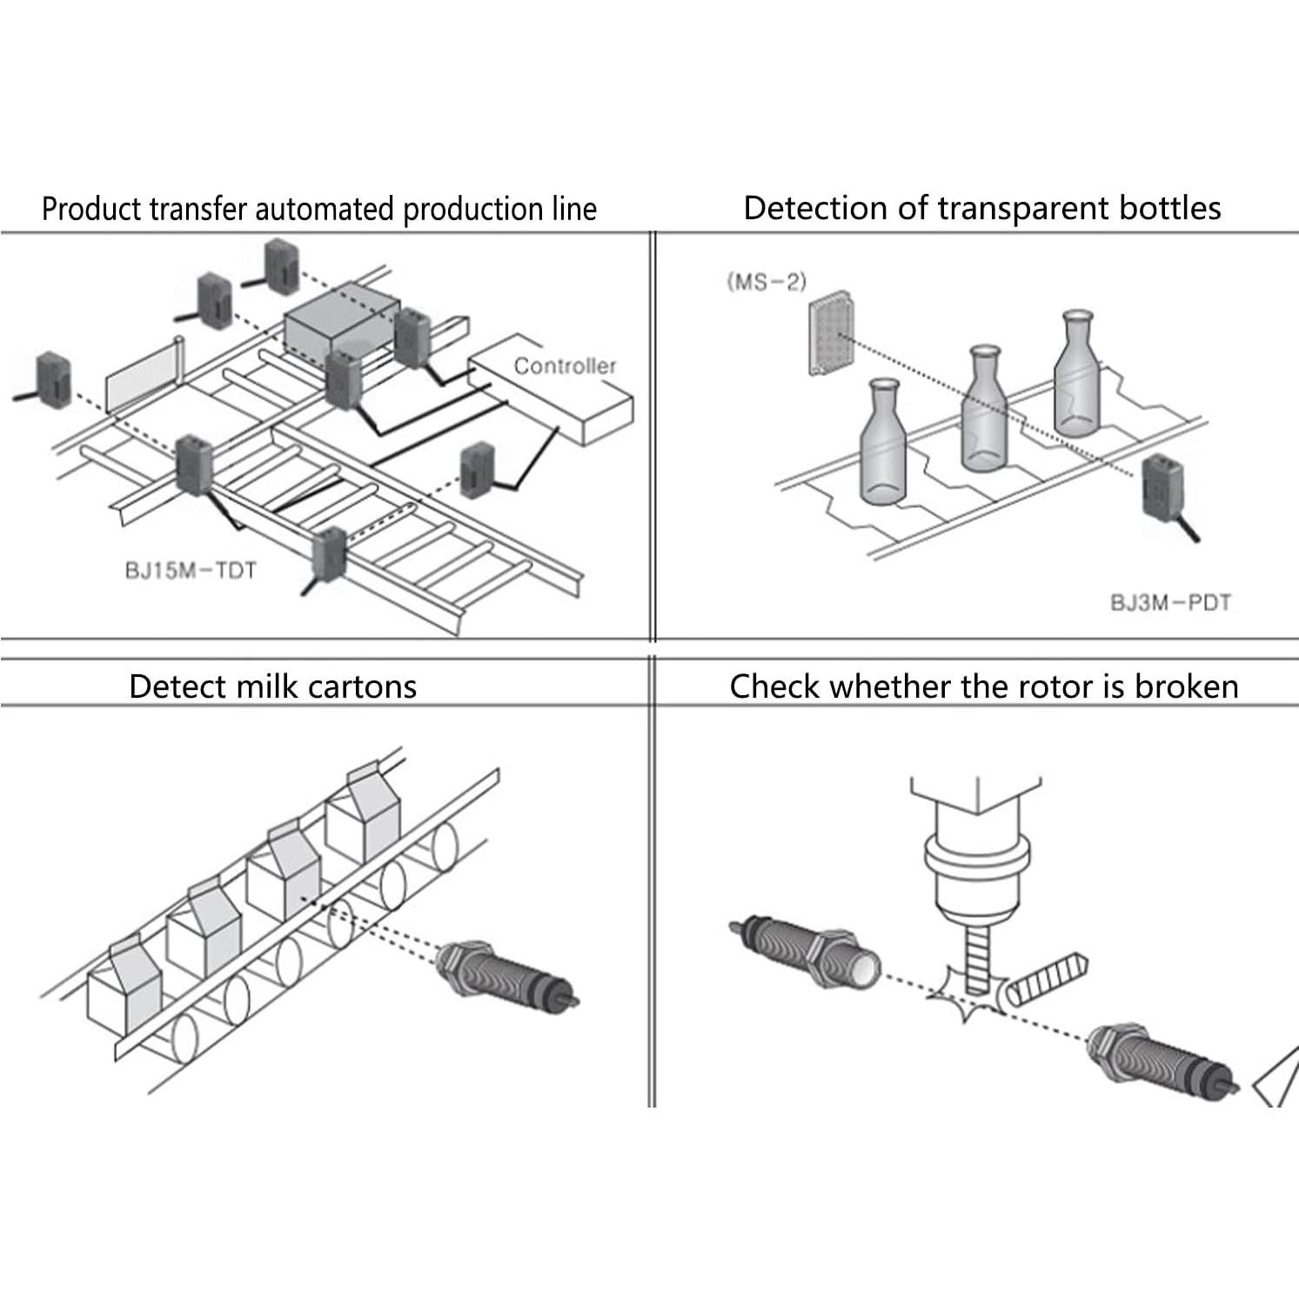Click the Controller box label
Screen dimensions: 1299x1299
click(x=564, y=366)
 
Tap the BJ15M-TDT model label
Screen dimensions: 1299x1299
click(x=191, y=572)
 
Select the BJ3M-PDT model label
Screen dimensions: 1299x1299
click(x=1170, y=602)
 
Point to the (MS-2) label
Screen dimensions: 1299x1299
click(x=767, y=282)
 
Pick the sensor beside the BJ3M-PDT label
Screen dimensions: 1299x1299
click(x=1166, y=492)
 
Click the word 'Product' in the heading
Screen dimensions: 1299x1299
click(x=90, y=210)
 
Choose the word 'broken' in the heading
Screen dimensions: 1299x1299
click(x=1187, y=686)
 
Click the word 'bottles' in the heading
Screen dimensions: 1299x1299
click(x=1168, y=209)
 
